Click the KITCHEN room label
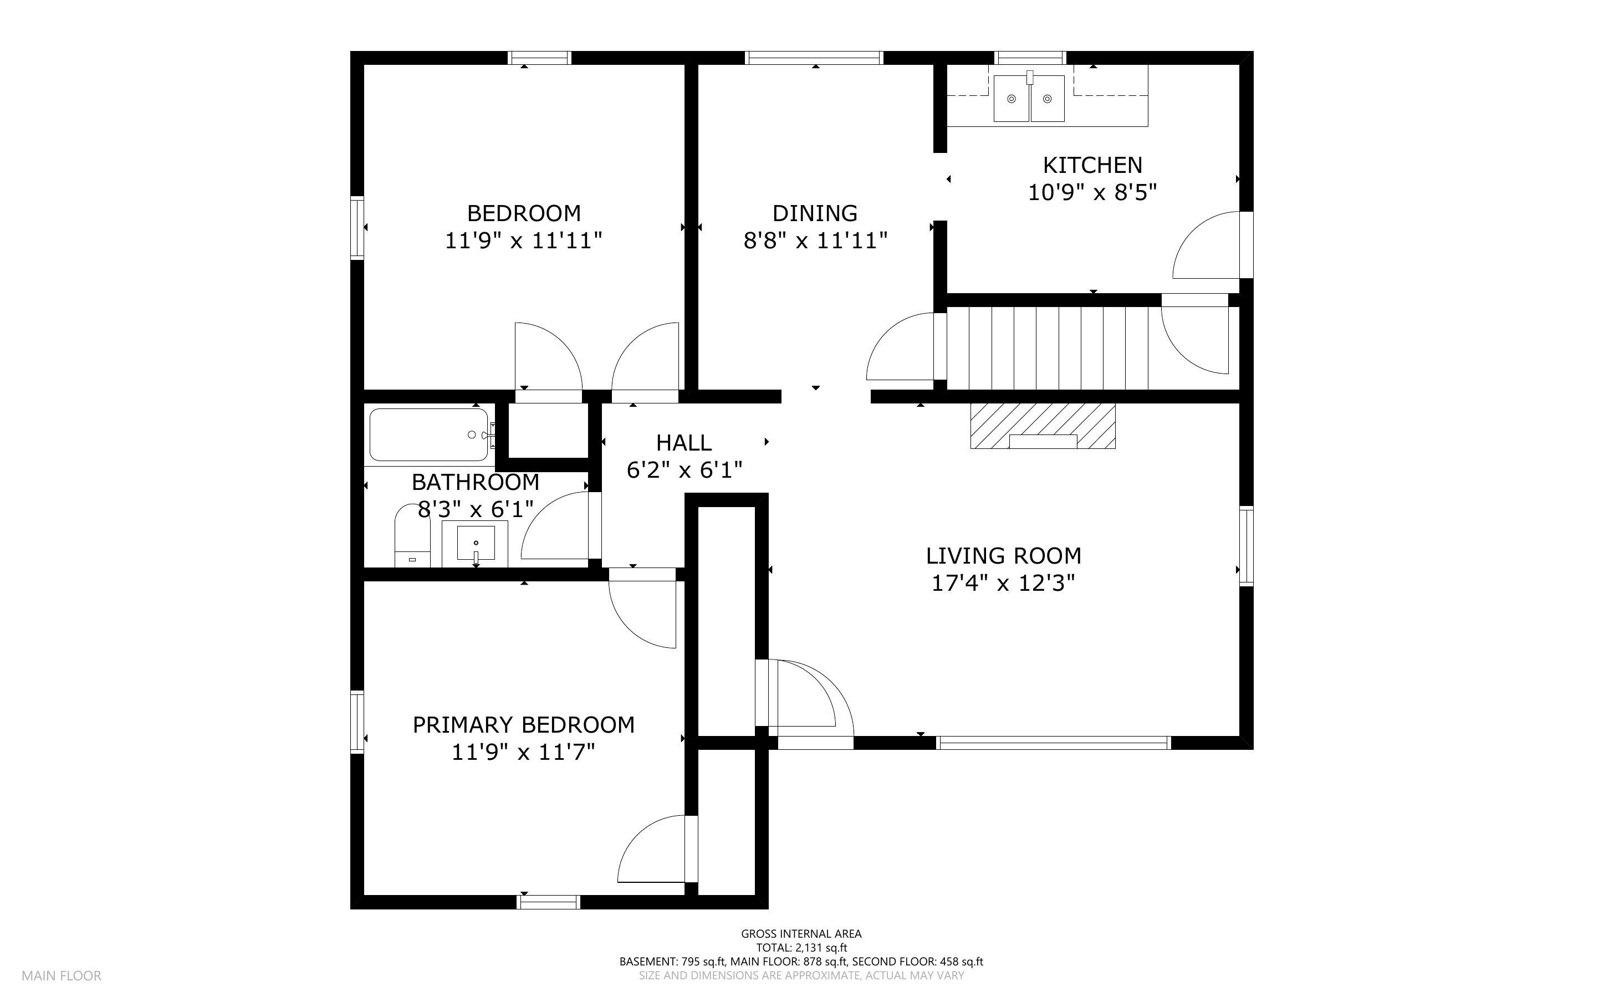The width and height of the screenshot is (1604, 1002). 1092,165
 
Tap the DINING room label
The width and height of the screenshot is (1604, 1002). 815,213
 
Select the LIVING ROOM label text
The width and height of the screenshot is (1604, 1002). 1003,555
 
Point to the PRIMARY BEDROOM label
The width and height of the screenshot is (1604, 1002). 523,725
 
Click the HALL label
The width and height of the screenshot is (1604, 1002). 684,443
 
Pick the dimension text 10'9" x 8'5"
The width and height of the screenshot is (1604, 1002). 1092,193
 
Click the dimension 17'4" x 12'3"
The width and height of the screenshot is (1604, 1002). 1003,583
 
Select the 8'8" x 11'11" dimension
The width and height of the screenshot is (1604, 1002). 815,241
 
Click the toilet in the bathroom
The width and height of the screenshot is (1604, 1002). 412,535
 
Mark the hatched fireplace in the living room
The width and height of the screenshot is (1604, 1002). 1043,426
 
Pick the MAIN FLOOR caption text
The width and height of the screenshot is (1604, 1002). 62,975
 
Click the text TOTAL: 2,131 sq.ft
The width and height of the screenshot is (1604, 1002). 801,948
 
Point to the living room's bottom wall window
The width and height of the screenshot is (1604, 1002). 1054,743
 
